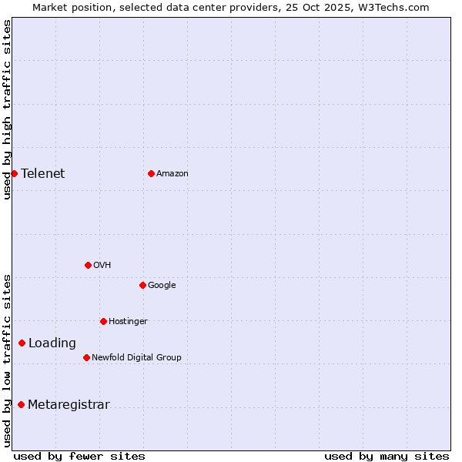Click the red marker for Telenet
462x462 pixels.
(14, 173)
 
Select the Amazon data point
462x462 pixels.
(151, 173)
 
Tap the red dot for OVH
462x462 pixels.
(88, 265)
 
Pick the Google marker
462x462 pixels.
(142, 285)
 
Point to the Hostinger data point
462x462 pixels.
(103, 321)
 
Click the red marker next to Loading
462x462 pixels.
(22, 343)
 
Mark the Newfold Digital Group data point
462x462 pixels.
(86, 357)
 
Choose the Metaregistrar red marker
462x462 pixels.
(21, 405)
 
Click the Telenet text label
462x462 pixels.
(43, 173)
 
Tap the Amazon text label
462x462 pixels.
(172, 173)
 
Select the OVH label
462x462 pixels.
(102, 265)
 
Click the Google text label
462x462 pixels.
(162, 285)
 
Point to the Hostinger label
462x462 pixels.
(128, 321)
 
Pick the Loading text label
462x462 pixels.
(52, 343)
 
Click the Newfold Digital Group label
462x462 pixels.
(136, 357)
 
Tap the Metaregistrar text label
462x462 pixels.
(69, 405)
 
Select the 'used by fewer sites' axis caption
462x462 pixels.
(79, 456)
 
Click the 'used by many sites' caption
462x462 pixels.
(387, 456)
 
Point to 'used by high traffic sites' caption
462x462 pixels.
(8, 109)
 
